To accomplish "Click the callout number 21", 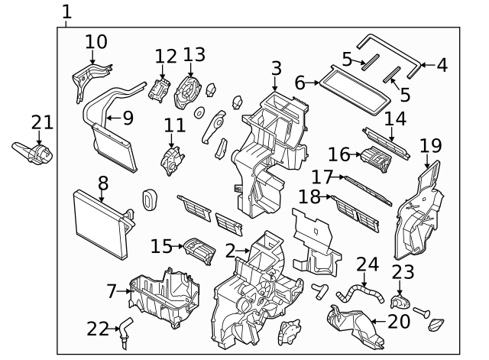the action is tap(42, 122).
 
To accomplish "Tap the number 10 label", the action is tap(96, 42).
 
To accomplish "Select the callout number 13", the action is tap(194, 54).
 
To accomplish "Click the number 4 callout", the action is tap(442, 65).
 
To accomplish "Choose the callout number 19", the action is tap(431, 146).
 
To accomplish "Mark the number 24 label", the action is tap(368, 264).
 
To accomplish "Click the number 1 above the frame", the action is tap(66, 12).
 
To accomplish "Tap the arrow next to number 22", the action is tap(114, 329).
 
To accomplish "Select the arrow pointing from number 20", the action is tap(379, 321).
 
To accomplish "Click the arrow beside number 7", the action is tap(124, 291).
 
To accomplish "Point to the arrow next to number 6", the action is tap(313, 83).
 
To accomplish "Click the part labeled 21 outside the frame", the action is tap(33, 154).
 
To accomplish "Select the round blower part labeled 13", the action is tap(187, 92).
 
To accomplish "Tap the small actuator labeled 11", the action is tap(172, 161).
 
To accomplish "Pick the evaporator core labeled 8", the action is tap(103, 225).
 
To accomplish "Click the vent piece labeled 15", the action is tap(199, 251).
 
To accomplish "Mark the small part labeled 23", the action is tap(400, 301).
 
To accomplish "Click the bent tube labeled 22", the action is tap(125, 333).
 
